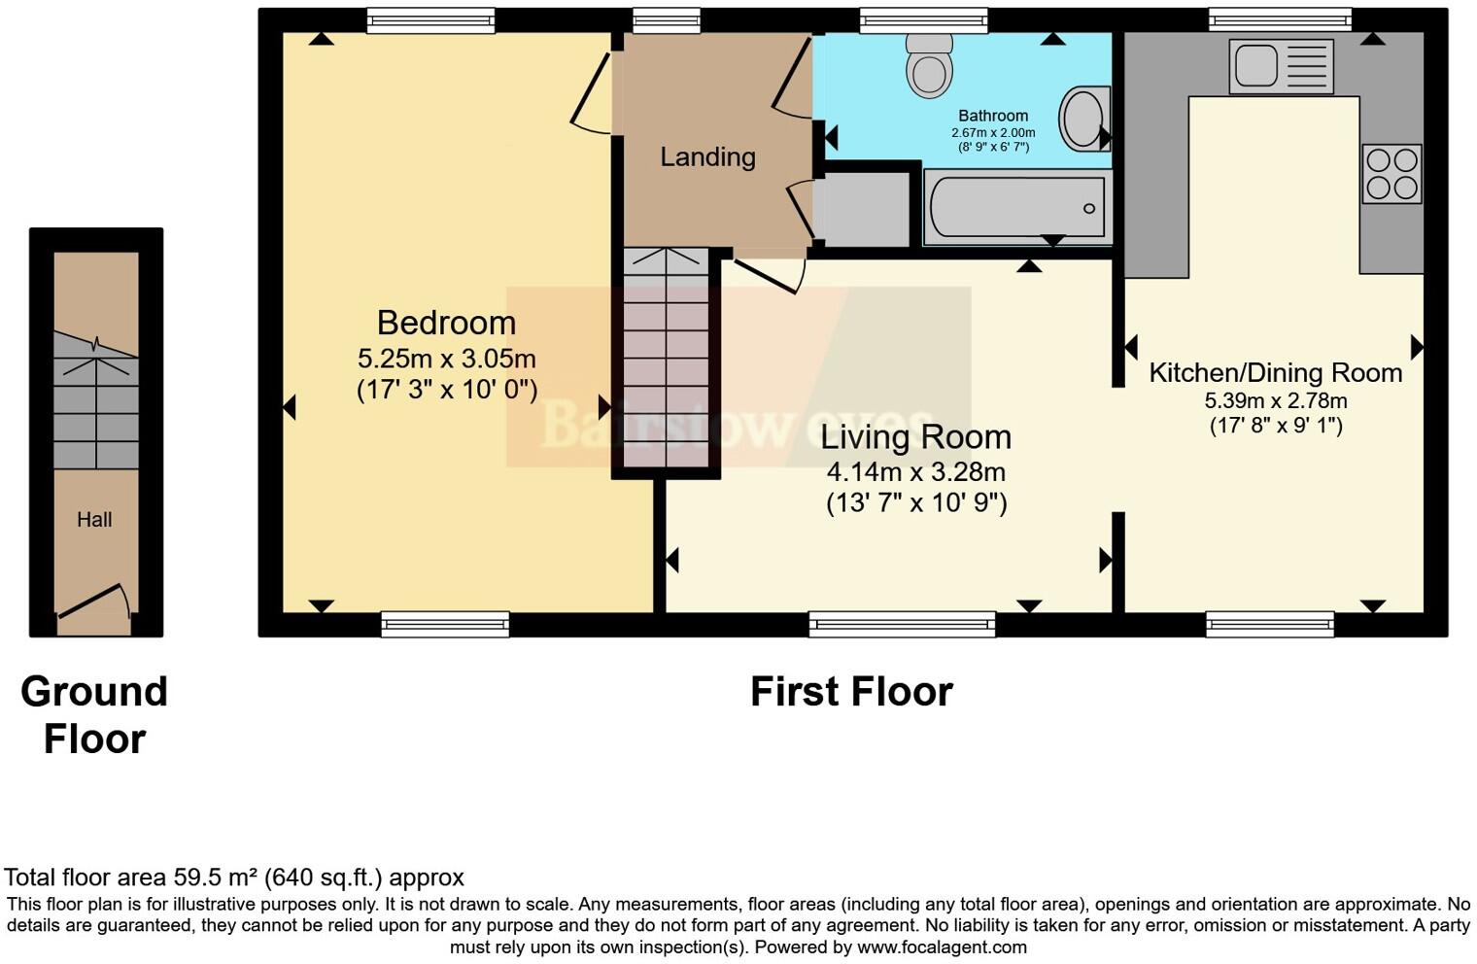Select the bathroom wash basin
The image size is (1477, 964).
point(1082,120)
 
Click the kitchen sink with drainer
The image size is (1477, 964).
point(1281,66)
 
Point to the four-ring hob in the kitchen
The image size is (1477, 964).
point(1391,173)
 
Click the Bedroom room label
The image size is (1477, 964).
point(446,323)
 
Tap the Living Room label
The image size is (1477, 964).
point(915,437)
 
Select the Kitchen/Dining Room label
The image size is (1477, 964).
point(1275,372)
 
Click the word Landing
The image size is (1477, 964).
point(707,156)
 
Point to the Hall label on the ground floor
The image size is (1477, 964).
point(94,520)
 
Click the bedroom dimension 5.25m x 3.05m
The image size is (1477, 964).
point(446,359)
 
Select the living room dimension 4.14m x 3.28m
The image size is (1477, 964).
point(915,472)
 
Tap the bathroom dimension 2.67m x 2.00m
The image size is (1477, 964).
point(992,133)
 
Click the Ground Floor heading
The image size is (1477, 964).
point(94,715)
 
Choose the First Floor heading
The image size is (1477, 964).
point(851,692)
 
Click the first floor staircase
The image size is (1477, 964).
point(667,360)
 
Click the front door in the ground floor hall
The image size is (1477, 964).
point(93,602)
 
